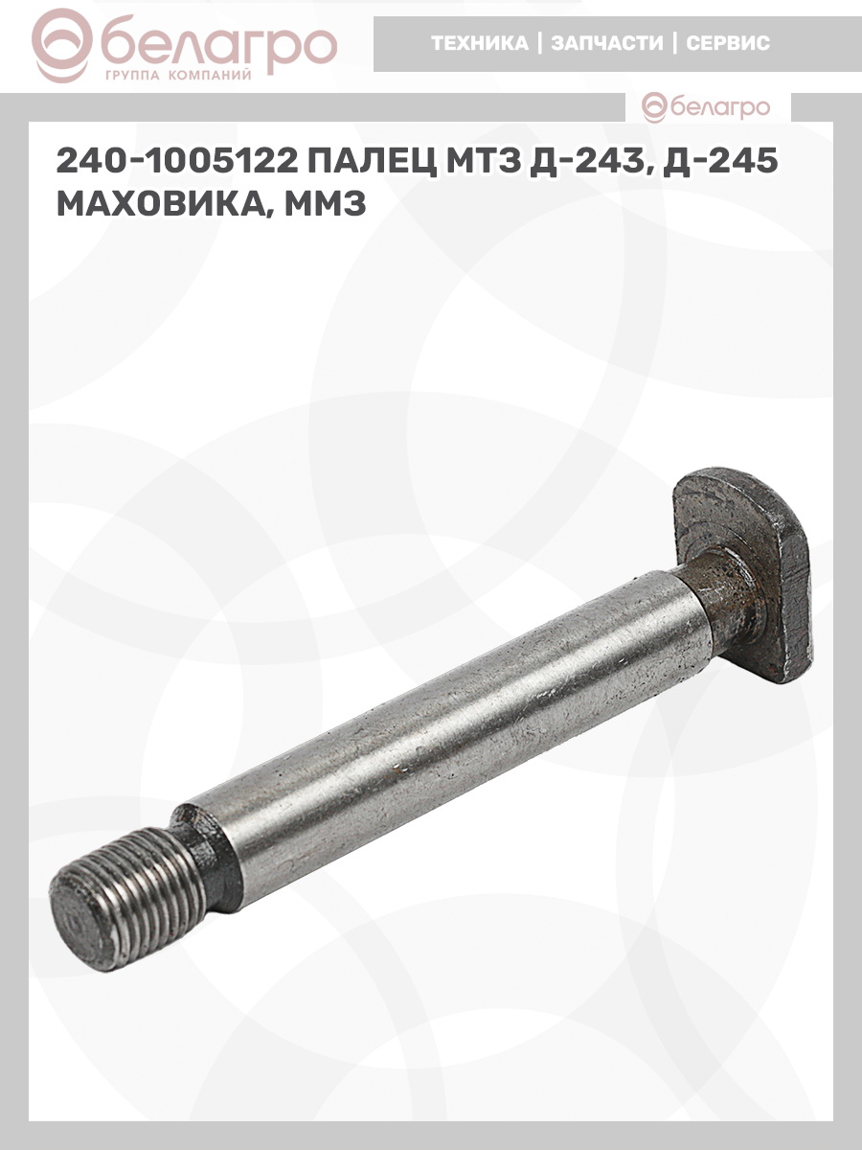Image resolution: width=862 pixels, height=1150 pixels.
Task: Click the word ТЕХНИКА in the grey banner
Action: [x=480, y=43]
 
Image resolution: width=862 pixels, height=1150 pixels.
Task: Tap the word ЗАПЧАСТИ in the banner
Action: [x=606, y=43]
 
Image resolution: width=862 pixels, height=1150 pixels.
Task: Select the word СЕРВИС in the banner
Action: [x=728, y=43]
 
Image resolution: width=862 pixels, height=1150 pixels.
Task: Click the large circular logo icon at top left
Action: [x=61, y=46]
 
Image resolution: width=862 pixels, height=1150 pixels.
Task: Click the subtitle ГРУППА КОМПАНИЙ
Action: [x=178, y=76]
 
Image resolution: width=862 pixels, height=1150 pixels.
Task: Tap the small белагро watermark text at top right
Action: [x=720, y=107]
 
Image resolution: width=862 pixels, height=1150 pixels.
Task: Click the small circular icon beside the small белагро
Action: [x=655, y=107]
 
